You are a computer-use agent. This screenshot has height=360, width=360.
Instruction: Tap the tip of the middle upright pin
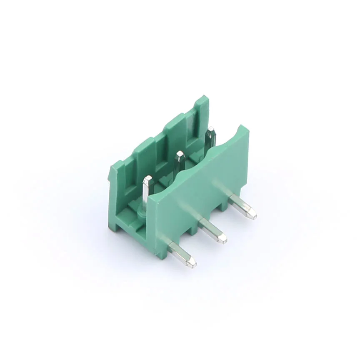[x=180, y=155]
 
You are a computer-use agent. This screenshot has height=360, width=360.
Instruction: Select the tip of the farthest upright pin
[x=211, y=131]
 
